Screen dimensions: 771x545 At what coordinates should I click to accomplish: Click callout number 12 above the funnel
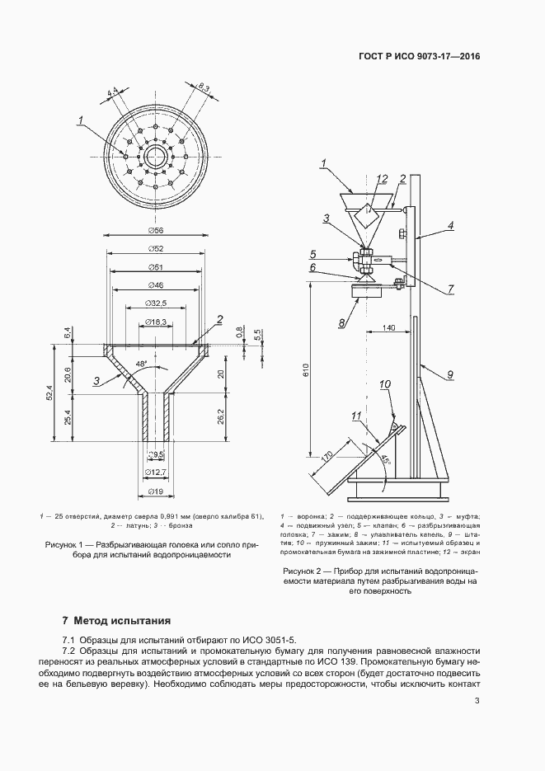pyautogui.click(x=381, y=178)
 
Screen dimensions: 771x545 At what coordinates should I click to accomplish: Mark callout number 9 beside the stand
pyautogui.click(x=450, y=375)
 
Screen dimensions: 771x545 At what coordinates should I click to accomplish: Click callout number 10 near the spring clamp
pyautogui.click(x=384, y=384)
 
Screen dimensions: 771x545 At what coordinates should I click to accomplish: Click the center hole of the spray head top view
pyautogui.click(x=153, y=156)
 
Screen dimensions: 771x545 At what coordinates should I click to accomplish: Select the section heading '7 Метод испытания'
pyautogui.click(x=115, y=620)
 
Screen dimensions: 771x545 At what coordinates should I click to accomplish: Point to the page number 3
pyautogui.click(x=477, y=702)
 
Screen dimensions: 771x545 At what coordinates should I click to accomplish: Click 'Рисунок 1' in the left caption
pyautogui.click(x=63, y=545)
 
